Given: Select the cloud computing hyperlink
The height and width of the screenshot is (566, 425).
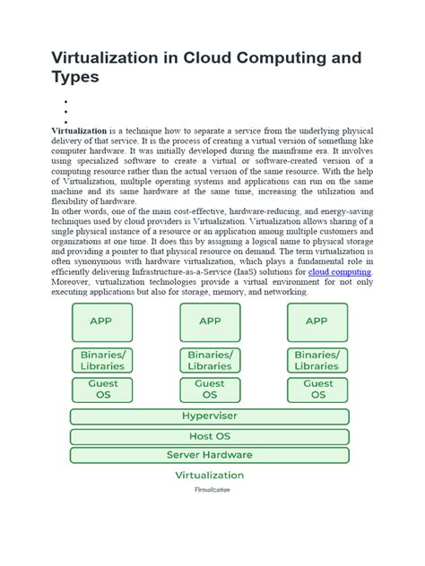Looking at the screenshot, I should (340, 271).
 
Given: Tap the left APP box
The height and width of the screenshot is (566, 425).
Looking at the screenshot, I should (102, 322).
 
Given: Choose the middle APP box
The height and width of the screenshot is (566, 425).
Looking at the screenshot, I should (210, 322).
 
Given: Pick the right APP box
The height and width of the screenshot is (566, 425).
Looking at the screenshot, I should (317, 322).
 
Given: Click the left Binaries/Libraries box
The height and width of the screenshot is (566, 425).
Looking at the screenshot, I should (102, 360).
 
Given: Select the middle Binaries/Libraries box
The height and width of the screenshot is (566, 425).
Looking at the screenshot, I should (210, 360).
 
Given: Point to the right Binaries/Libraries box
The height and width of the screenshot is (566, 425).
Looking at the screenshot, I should (317, 360).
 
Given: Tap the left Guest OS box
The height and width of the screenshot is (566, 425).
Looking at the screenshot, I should (102, 390).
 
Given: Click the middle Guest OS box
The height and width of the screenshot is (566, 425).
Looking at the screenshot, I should (210, 390).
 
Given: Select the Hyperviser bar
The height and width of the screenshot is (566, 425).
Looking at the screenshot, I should (210, 416).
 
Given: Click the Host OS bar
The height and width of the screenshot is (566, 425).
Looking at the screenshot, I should (210, 436).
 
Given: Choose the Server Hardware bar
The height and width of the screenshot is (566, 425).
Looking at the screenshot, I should (210, 455).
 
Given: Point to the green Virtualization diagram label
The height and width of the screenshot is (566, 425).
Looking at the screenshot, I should (210, 476).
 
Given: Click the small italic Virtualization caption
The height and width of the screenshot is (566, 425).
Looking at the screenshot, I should (212, 491).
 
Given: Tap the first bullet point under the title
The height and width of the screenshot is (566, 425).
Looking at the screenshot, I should (66, 103).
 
